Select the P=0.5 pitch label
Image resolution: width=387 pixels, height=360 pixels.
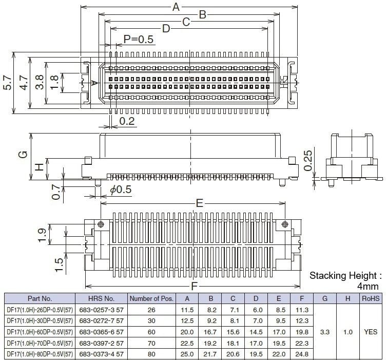point(139,40)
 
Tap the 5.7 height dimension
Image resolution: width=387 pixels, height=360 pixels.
point(7,82)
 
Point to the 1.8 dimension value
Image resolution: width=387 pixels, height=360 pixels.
point(55,82)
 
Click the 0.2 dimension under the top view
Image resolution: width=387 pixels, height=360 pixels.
point(127,121)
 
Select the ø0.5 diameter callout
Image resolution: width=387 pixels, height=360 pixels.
point(121,190)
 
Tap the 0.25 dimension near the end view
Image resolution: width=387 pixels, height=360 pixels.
point(308,160)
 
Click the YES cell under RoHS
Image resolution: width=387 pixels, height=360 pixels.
point(370,332)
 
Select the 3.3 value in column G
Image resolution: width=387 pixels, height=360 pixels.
point(324,332)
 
